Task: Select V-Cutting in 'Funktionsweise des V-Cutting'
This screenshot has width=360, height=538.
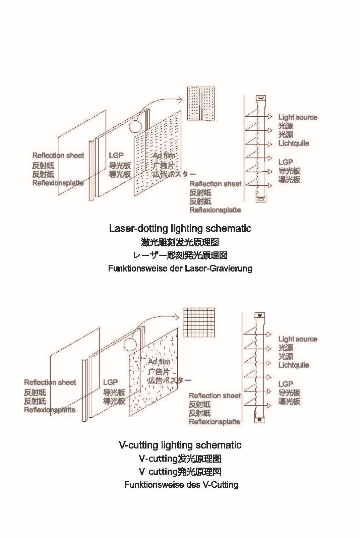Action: [220, 485]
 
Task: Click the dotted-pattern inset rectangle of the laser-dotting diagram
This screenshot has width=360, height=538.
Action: [201, 103]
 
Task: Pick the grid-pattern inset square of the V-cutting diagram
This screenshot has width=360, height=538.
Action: [199, 322]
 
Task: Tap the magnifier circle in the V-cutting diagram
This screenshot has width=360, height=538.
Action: [130, 345]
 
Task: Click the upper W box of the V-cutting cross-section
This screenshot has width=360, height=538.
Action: [259, 315]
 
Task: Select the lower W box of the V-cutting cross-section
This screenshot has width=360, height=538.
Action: [259, 420]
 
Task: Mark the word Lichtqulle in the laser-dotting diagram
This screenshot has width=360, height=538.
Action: [294, 143]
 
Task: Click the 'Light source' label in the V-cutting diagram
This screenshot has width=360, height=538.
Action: [298, 339]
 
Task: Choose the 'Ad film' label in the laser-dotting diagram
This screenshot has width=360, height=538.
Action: [164, 156]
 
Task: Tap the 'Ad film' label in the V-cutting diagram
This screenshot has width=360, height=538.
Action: [159, 362]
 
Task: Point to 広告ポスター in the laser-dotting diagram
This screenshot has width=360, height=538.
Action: [174, 174]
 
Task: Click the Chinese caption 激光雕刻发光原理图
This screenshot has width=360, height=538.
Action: [180, 242]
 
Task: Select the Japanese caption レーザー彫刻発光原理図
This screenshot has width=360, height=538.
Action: [180, 255]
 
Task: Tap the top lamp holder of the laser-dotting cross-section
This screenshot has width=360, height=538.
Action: [261, 98]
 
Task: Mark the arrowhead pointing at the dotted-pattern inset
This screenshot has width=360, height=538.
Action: [180, 99]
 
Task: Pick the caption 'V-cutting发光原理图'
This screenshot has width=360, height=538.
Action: [180, 459]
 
